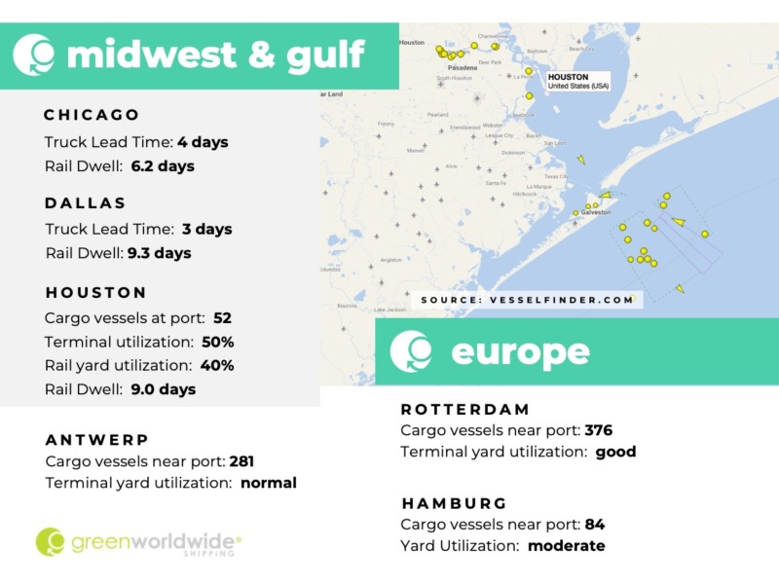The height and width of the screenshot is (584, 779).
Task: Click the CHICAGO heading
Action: pos(93,115)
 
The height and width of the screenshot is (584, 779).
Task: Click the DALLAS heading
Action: pos(86,203)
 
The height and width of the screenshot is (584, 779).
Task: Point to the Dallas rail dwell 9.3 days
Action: pos(160,253)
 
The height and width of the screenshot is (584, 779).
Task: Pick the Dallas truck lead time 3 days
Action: pos(206,230)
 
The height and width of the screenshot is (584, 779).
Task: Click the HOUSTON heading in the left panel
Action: pos(96,292)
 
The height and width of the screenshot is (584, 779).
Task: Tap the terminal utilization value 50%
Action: pos(218,343)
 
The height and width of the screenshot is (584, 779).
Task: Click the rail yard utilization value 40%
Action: pos(218,366)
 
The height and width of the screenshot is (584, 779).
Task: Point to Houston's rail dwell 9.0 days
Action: pos(164,389)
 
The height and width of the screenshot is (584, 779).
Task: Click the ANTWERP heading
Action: pos(97,440)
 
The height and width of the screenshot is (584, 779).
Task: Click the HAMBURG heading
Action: pos(454,503)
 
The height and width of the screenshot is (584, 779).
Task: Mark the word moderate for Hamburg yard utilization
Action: pos(566,546)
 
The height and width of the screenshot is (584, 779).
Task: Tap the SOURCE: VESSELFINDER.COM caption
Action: pos(528,300)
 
